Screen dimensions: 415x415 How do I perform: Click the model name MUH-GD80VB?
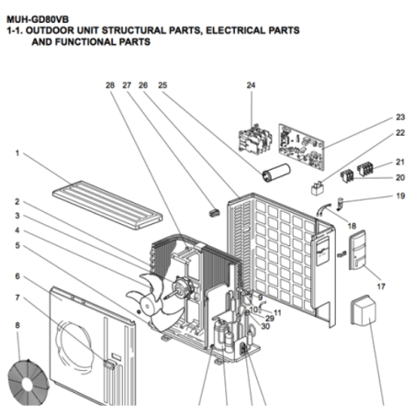coord(38,19)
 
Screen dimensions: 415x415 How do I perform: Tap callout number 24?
coord(251,85)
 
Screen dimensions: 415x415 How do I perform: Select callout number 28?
coord(110,85)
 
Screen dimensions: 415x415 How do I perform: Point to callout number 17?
coord(381,286)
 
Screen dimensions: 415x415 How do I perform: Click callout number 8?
coord(17,325)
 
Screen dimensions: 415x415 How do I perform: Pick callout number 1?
coord(17,153)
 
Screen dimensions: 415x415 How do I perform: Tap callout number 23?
coord(400,117)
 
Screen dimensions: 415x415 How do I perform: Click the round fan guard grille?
coord(28,383)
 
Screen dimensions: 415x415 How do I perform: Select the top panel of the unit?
coord(107,205)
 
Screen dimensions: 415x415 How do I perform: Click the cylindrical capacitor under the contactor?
coord(275,173)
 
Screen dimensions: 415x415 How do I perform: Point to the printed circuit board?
coord(301,146)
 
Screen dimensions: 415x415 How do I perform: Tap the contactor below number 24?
coord(255,140)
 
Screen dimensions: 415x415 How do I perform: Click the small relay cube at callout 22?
coord(318,187)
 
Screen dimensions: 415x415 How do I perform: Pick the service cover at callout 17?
coord(358,250)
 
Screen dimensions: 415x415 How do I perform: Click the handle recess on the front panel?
coord(109,364)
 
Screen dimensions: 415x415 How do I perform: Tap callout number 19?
coord(400,196)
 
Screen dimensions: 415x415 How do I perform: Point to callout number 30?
coord(265,327)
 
